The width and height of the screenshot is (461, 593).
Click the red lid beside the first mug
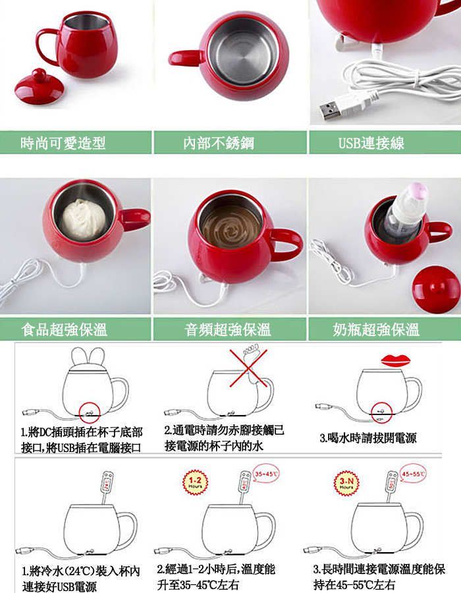(39, 87)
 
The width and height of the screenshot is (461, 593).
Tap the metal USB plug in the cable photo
(329, 110)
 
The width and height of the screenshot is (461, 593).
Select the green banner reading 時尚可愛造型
(76, 142)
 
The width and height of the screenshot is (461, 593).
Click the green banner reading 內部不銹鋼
(230, 142)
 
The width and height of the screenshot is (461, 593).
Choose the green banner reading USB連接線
(385, 142)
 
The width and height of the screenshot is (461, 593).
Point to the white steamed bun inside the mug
(84, 219)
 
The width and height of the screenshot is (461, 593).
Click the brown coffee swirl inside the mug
(230, 227)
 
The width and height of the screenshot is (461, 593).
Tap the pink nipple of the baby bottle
(419, 192)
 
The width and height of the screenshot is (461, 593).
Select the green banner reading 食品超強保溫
(76, 329)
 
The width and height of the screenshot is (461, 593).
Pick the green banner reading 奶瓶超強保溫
(385, 329)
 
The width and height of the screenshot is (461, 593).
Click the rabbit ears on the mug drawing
(88, 356)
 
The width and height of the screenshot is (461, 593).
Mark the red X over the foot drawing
(248, 368)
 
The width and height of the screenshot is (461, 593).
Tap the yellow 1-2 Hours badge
(195, 482)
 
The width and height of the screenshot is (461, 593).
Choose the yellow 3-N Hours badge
(346, 482)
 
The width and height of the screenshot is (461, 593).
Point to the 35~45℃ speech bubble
(266, 474)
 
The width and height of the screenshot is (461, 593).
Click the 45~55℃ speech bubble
(413, 474)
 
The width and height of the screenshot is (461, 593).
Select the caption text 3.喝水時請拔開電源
(368, 438)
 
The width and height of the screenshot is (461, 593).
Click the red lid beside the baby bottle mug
(437, 290)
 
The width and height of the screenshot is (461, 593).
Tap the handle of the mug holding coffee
(288, 245)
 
